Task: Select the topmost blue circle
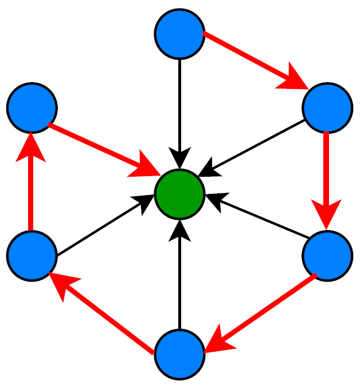[x=180, y=34]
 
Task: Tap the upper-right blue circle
[x=327, y=108]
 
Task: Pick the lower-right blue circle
[x=327, y=256]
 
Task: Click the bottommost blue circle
[x=180, y=354]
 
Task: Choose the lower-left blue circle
[x=32, y=256]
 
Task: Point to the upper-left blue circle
[x=32, y=108]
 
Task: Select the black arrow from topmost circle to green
[x=180, y=109]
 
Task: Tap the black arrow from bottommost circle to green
[x=180, y=275]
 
